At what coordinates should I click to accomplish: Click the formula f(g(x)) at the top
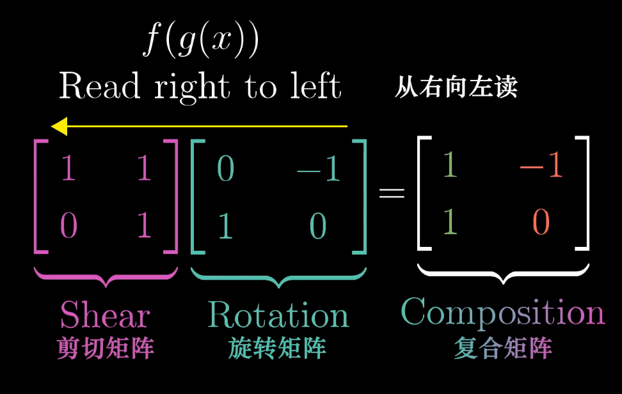point(200,41)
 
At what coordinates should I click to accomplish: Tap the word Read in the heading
point(99,86)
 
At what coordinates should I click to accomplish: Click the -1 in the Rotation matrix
point(318,169)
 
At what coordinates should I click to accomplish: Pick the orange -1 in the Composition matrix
point(541,166)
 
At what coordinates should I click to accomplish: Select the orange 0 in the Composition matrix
point(541,223)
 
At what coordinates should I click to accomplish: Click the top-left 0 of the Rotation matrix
point(225,169)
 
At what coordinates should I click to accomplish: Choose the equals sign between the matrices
point(392,193)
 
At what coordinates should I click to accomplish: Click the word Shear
point(105,315)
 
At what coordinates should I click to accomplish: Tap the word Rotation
point(278,315)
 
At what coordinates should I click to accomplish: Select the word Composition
point(502,313)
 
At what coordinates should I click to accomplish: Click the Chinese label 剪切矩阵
point(105,349)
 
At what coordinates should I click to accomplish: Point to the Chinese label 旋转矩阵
point(277,349)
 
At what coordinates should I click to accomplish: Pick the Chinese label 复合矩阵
point(502,349)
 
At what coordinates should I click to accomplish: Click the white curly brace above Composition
point(503,273)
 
